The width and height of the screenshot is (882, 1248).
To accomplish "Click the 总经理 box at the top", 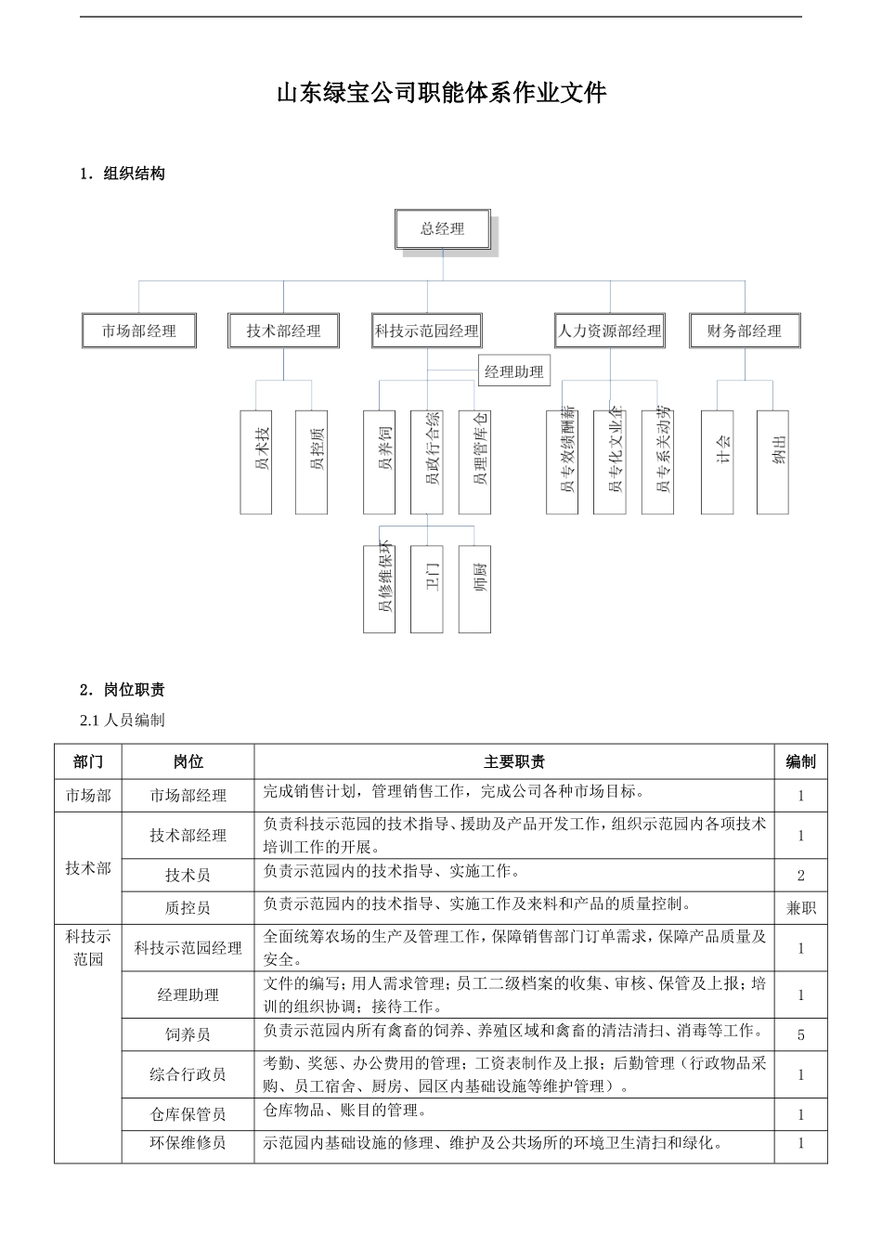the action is pos(443,229).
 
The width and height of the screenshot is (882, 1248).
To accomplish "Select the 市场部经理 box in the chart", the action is pos(139,331).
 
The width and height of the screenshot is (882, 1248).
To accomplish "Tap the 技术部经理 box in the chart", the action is pos(284,331).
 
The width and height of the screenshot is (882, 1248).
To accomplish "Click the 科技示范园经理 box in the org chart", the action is pos(427,331).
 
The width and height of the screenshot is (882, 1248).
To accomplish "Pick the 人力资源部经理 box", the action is pos(610,331).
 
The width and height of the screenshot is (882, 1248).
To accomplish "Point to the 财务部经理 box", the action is pos(745,331).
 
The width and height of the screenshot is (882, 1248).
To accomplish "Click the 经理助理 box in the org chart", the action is pos(514,371).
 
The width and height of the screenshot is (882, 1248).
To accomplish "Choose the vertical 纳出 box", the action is pos(772,461).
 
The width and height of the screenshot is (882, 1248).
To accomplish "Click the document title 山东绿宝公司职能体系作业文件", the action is pos(441,93).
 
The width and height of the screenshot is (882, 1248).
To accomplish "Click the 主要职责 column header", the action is pos(514,762).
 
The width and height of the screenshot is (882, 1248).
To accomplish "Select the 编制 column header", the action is pos(800,762).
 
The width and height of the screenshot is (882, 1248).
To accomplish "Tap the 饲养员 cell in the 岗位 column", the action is pos(188,1034).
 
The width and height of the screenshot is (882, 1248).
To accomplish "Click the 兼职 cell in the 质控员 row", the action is pos(800,907).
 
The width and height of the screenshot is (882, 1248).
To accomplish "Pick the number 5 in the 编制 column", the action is pos(800,1034).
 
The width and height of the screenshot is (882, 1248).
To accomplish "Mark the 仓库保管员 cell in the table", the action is pos(188,1114).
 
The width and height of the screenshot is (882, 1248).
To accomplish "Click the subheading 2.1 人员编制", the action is pos(123,721).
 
